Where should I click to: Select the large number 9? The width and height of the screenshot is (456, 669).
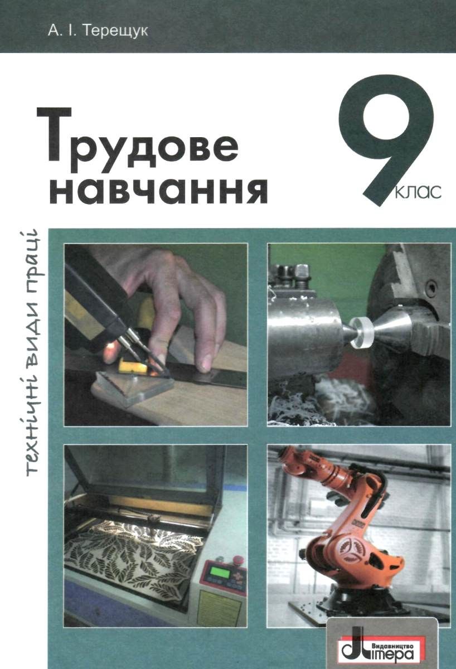coord(385,139)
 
